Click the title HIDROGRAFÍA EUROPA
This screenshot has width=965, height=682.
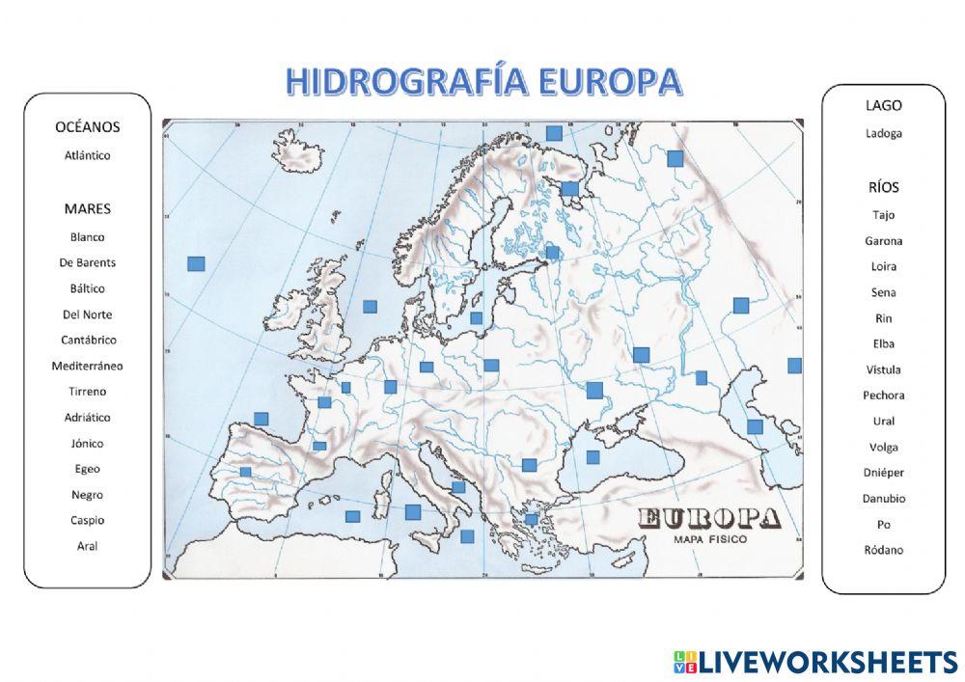click(483, 83)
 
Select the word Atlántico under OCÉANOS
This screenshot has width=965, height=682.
click(87, 155)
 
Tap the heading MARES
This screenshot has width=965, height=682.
click(87, 208)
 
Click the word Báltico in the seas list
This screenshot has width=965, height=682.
click(87, 288)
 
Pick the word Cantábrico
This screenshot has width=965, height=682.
click(87, 340)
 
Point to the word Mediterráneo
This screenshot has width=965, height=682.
click(87, 366)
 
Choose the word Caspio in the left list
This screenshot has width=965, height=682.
click(87, 520)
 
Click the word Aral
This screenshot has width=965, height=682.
click(87, 546)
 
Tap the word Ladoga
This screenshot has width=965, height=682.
click(883, 133)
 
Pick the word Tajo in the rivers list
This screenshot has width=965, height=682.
click(883, 215)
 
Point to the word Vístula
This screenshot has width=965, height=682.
click(883, 369)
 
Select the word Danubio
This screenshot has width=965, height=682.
click(883, 499)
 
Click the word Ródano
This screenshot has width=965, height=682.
click(883, 550)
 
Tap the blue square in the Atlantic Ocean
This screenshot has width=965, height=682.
click(196, 263)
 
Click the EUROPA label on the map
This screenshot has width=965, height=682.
click(709, 519)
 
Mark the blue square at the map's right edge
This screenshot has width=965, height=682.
click(794, 366)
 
